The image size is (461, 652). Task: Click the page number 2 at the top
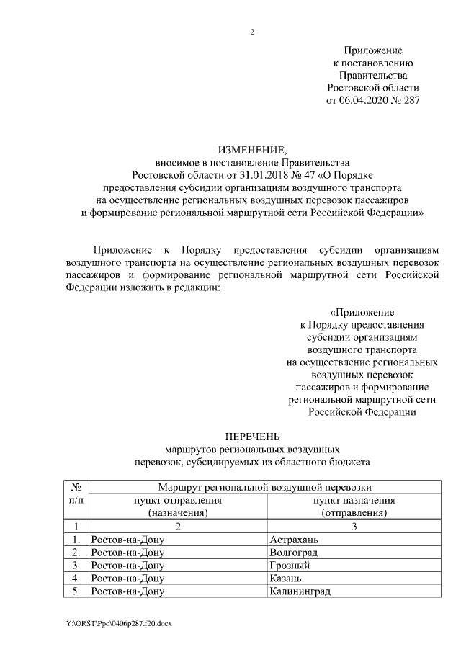[252, 32]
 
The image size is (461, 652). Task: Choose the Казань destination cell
[287, 579]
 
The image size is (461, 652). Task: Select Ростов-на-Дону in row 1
[127, 540]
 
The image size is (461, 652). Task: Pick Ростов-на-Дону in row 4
[127, 579]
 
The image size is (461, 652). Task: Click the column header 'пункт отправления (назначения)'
[177, 506]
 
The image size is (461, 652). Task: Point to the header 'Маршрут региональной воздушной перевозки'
[266, 487]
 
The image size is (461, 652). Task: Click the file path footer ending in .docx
[118, 622]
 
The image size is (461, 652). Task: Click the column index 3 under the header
[354, 527]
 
